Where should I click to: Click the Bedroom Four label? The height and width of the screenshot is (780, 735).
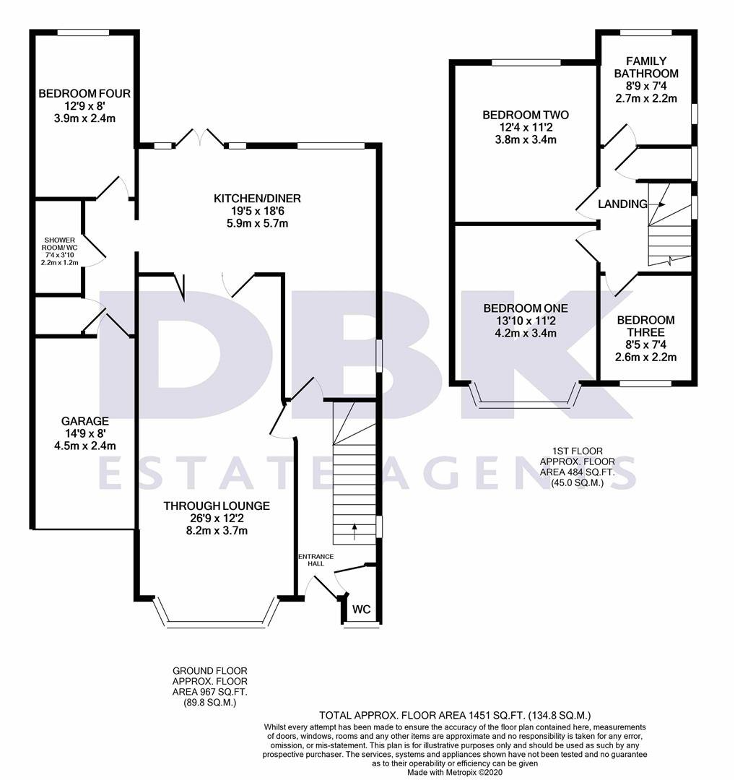(x=84, y=94)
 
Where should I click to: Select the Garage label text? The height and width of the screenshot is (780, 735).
(x=85, y=421)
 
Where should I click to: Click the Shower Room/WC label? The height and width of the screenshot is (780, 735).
(x=61, y=244)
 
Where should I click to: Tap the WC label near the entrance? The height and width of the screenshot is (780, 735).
(x=361, y=610)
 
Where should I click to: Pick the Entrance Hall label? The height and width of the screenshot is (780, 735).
(x=316, y=560)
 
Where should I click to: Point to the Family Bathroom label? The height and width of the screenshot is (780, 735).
(x=646, y=67)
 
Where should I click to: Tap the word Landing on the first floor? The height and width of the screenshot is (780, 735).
(x=622, y=204)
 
